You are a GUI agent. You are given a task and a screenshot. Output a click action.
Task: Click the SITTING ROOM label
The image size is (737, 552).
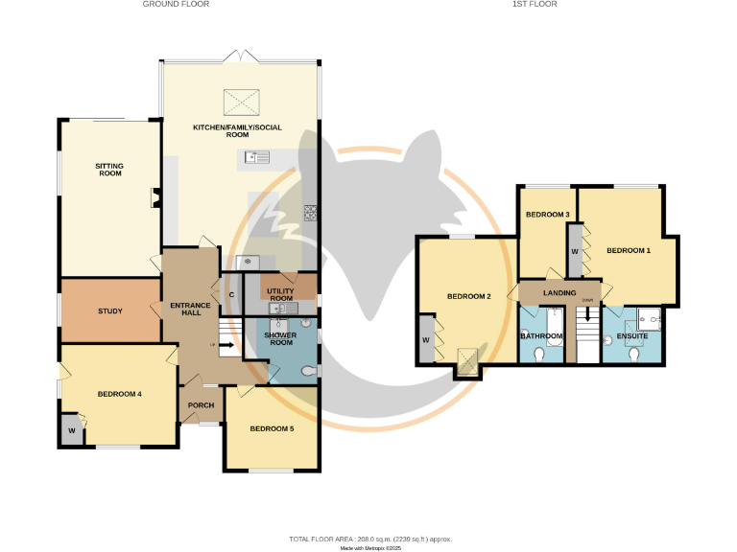(x=109, y=170)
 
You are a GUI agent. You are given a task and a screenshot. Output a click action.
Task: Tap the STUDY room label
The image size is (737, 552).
(x=109, y=310)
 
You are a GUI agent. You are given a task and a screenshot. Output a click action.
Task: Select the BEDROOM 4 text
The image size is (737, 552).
(x=119, y=394)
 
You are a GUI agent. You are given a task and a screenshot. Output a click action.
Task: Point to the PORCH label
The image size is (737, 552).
(x=201, y=404)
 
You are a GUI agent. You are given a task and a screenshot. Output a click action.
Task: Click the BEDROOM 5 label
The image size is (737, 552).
(x=272, y=428)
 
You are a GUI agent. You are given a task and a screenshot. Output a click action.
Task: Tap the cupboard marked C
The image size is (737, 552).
(x=231, y=294)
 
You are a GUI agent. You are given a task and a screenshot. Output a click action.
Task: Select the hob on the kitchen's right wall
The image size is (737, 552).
(x=311, y=214)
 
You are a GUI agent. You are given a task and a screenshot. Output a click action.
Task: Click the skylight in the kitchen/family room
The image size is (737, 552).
(x=242, y=100)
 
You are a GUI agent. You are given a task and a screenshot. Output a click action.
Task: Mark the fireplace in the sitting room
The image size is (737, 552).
(x=154, y=198)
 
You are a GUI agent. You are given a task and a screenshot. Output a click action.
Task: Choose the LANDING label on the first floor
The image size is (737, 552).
(x=559, y=293)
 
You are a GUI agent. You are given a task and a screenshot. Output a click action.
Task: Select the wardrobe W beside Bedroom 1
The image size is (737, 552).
(x=574, y=251)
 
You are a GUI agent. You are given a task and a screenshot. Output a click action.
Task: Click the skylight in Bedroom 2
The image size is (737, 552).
(x=467, y=360)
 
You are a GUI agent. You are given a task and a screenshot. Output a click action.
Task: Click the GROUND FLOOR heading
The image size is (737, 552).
(x=176, y=5)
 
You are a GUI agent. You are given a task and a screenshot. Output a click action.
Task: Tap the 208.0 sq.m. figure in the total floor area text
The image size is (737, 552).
(x=376, y=540)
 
